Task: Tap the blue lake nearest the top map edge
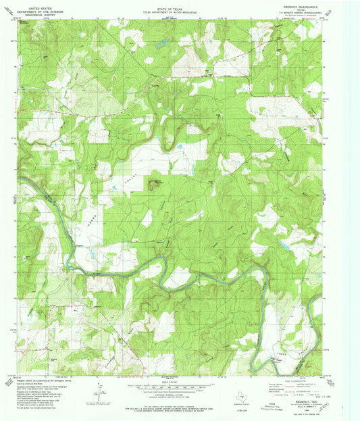tap(162, 45)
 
